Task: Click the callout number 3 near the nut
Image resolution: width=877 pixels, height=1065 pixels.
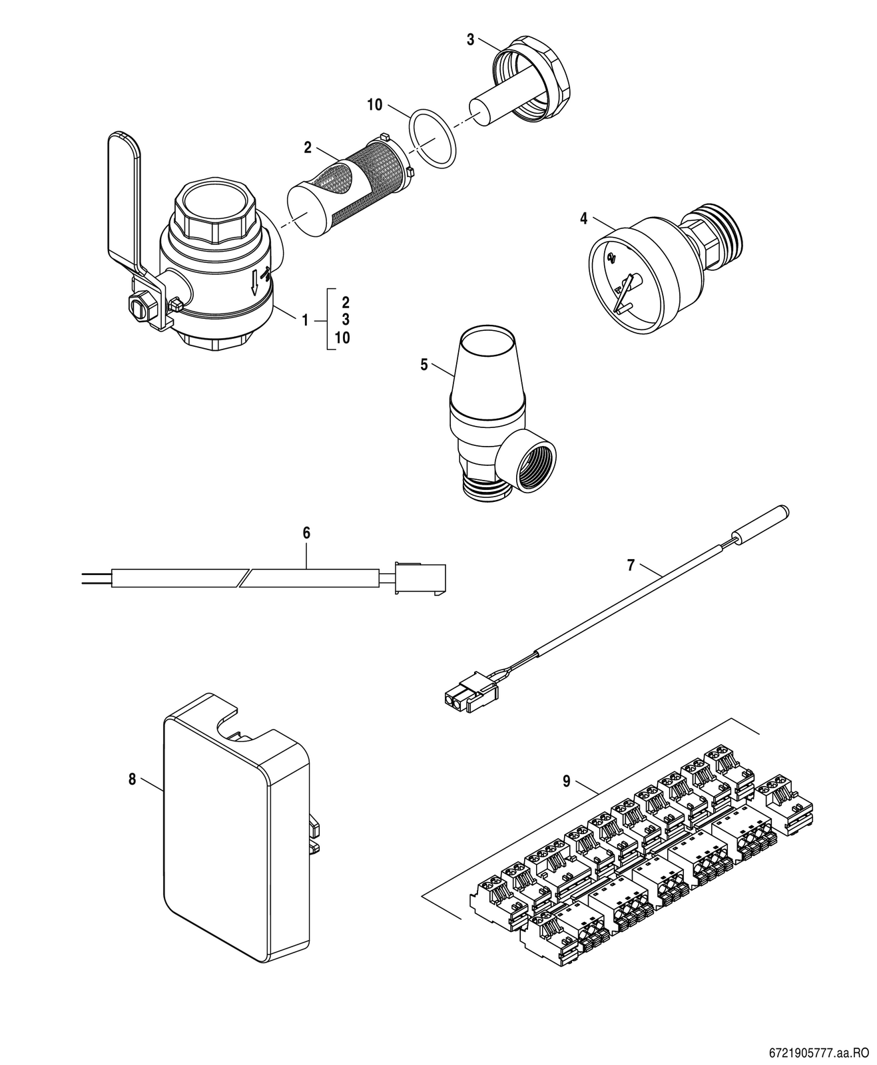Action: (x=470, y=40)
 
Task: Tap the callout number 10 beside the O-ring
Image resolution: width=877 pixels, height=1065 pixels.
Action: (x=374, y=105)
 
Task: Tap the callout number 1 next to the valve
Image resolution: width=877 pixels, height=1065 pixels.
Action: (x=304, y=320)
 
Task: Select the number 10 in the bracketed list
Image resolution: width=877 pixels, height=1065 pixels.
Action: (x=342, y=338)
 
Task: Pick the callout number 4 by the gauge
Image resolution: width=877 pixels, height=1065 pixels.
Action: (x=583, y=219)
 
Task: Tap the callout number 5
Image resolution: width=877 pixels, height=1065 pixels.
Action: (x=424, y=365)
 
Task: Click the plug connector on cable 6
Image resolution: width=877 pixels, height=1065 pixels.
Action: (x=420, y=576)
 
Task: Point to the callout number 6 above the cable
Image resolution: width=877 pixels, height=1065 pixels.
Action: (x=306, y=533)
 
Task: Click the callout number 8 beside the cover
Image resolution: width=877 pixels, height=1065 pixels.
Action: (x=133, y=779)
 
